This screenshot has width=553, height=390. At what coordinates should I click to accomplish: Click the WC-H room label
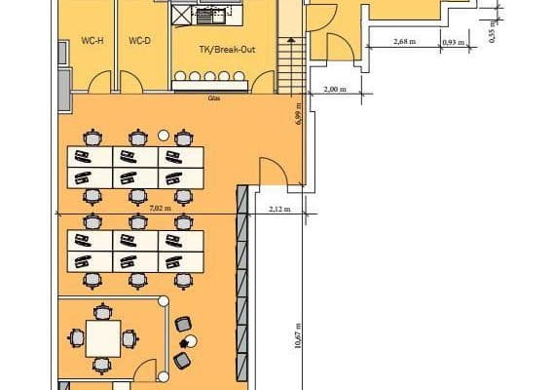pyautogui.click(x=92, y=41)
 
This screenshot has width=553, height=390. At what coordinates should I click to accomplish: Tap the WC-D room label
pyautogui.click(x=140, y=41)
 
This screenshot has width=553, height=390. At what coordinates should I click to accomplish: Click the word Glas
pyautogui.click(x=213, y=98)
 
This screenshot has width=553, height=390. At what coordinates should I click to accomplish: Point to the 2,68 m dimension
pyautogui.click(x=406, y=42)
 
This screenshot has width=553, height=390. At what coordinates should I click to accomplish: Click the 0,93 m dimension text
pyautogui.click(x=451, y=42)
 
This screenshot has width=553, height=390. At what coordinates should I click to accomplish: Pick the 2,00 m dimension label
pyautogui.click(x=333, y=90)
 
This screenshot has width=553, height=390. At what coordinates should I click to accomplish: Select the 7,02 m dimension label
pyautogui.click(x=161, y=208)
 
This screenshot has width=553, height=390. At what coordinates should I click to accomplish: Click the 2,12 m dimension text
pyautogui.click(x=278, y=208)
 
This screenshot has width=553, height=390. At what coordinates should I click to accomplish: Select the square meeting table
pyautogui.click(x=101, y=337)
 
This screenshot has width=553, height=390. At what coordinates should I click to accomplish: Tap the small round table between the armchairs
pyautogui.click(x=191, y=340)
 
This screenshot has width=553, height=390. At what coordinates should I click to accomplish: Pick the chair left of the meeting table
pyautogui.click(x=76, y=337)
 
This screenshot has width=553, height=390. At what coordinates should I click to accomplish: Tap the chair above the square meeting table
pyautogui.click(x=101, y=312)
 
